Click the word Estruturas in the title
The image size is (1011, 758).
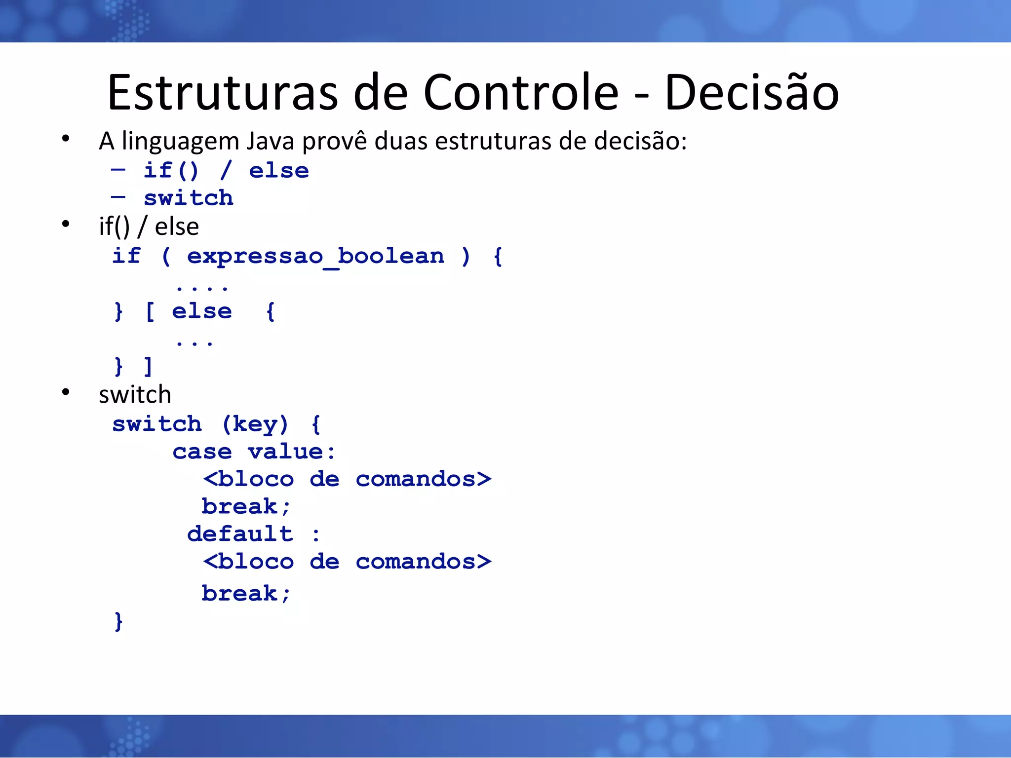223,92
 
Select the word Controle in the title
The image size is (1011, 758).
521,92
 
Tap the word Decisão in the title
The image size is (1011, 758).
751,92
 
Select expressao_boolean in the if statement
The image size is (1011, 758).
315,257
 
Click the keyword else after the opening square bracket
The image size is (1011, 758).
201,312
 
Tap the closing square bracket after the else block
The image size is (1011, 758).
148,367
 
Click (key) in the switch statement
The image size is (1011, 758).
255,424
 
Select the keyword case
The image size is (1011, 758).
202,452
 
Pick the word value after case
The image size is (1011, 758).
286,452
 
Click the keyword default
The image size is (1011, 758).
240,534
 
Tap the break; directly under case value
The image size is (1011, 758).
245,507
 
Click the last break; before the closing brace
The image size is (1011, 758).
245,594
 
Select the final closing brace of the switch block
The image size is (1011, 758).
118,622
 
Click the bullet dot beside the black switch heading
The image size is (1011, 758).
66,393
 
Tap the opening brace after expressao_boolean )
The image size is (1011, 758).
498,257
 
